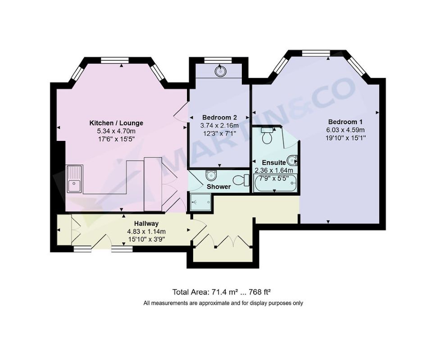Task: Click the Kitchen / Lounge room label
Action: click(x=116, y=123)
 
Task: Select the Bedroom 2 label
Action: click(x=219, y=117)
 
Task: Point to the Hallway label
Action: click(x=146, y=223)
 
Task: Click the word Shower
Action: click(x=218, y=187)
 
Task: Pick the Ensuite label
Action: click(x=274, y=162)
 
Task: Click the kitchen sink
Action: click(x=74, y=179)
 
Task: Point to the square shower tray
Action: click(x=201, y=202)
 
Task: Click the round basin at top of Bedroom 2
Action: click(x=220, y=71)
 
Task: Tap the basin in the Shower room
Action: click(x=211, y=175)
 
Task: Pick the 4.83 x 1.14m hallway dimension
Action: click(x=146, y=231)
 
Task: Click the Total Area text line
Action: click(x=222, y=292)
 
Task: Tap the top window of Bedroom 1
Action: click(x=316, y=53)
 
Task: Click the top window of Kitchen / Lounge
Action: click(x=115, y=60)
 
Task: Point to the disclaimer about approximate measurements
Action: click(x=223, y=303)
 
